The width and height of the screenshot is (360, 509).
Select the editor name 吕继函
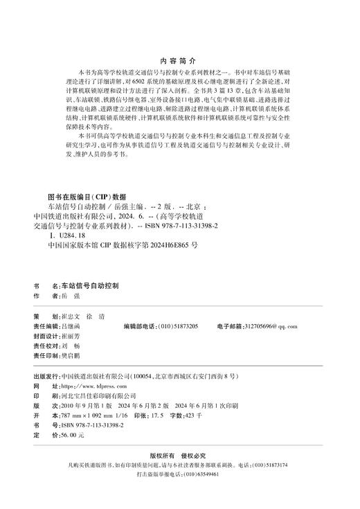point(71,325)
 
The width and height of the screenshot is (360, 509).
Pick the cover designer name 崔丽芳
point(71,336)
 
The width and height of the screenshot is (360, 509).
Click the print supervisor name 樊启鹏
point(71,356)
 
